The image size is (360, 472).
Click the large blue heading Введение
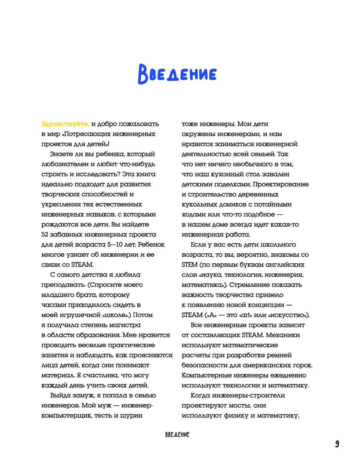[177, 74]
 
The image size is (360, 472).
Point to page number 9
[337, 444]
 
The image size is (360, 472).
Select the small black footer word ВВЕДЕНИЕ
[177, 435]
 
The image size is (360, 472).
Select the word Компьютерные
[206, 375]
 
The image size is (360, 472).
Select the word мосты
[240, 406]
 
